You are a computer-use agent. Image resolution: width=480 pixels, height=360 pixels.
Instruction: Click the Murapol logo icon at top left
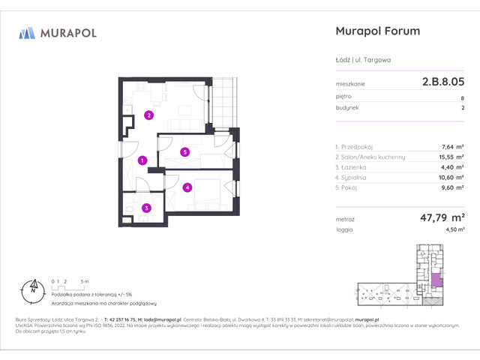[x=28, y=33]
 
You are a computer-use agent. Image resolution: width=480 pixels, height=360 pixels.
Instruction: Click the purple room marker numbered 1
[x=142, y=160]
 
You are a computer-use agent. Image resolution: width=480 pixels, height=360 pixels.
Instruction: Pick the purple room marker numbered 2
[x=149, y=115]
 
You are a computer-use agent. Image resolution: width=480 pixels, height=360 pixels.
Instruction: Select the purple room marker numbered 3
[x=147, y=208]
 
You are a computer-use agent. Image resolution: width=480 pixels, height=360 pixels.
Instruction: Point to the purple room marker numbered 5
[x=184, y=152]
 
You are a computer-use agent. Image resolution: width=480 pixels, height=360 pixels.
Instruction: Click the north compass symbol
[x=33, y=286]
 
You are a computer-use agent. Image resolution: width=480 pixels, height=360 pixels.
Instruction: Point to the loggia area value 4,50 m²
[x=454, y=231]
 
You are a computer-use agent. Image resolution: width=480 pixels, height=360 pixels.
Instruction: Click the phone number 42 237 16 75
[x=121, y=319]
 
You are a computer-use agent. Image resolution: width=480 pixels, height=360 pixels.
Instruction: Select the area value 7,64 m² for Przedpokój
[x=453, y=146]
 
